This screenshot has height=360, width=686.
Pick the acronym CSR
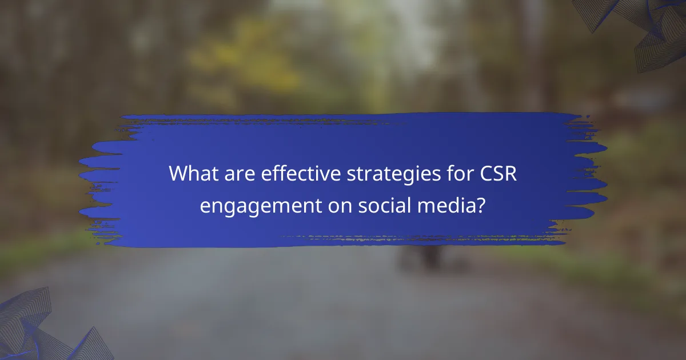tap(497, 174)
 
